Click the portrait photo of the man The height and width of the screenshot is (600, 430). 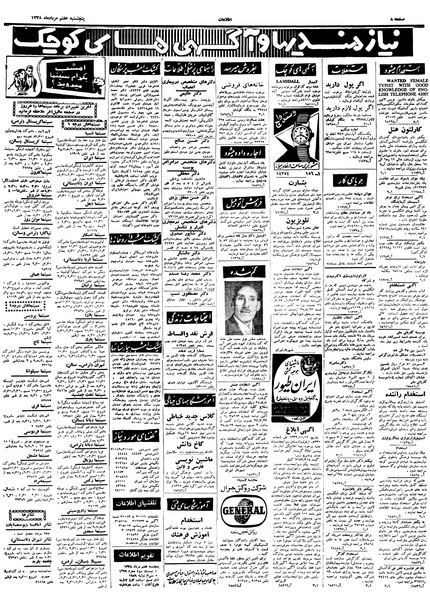pos(241,309)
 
